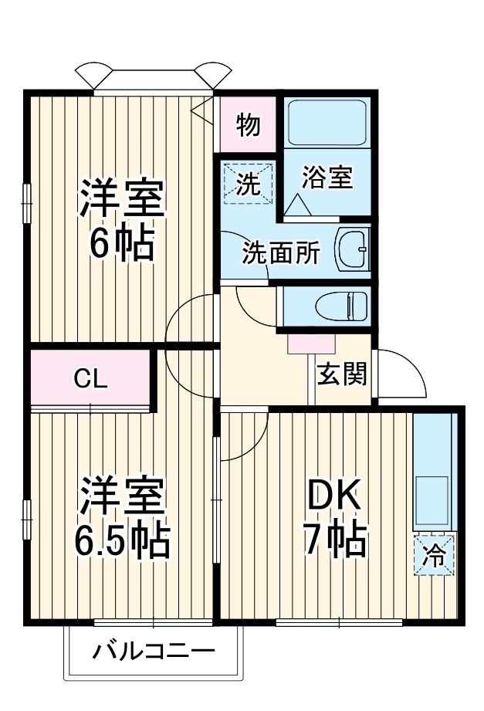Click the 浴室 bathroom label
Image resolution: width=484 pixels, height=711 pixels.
tap(327, 178)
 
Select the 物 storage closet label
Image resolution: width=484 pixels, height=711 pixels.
tap(249, 124)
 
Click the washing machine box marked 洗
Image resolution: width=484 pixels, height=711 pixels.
tap(249, 184)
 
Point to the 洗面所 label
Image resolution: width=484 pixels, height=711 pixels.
tap(280, 254)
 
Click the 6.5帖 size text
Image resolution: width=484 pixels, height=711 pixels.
tap(121, 540)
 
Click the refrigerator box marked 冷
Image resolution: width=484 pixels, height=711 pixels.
tap(435, 554)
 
